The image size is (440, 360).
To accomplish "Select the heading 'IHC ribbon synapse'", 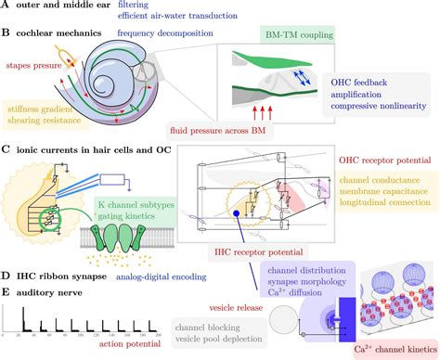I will tap(61, 276).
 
